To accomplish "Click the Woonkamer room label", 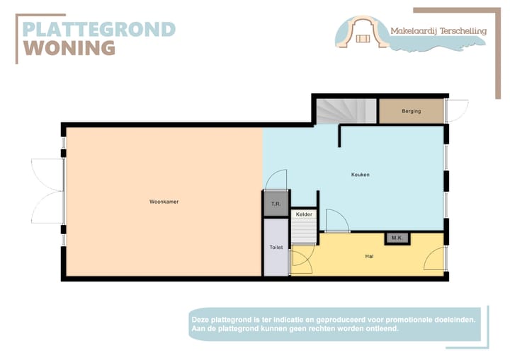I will click(164, 202).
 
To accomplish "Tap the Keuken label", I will click(360, 175).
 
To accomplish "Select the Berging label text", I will click(411, 111).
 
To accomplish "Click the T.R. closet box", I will click(276, 204).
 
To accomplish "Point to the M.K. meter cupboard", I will click(396, 238).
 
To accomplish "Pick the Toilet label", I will click(276, 248).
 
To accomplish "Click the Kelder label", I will click(304, 214).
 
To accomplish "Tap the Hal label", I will click(369, 256).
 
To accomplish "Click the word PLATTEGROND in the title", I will click(98, 30).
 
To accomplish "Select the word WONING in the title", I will click(69, 48).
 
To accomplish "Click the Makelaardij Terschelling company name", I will click(438, 30).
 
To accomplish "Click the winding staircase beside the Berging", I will click(346, 111).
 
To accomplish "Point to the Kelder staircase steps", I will click(303, 229).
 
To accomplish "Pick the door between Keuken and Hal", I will click(336, 221).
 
